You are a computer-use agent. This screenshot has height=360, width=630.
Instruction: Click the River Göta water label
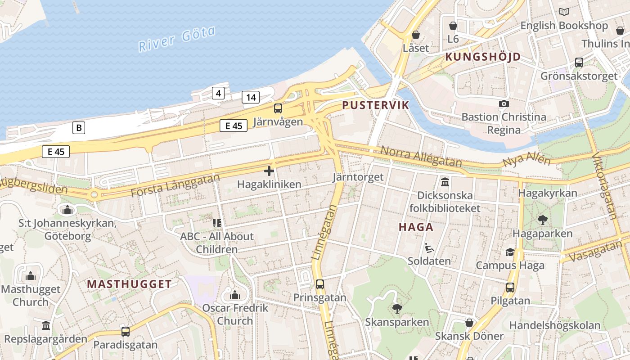[177, 39]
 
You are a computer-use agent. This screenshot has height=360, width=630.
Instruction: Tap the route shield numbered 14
[251, 97]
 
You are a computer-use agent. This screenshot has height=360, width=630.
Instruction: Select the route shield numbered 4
[218, 93]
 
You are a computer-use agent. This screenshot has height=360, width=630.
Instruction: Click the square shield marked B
[79, 128]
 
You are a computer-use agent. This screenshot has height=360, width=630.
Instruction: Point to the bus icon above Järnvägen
[278, 108]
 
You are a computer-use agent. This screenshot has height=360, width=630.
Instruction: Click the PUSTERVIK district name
[375, 105]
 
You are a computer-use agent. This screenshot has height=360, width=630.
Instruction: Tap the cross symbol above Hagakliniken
[269, 171]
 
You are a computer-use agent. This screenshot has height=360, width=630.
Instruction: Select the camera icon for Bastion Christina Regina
[504, 103]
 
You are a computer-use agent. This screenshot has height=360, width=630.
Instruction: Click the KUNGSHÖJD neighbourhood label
[483, 57]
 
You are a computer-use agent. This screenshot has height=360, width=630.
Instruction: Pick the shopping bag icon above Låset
[416, 35]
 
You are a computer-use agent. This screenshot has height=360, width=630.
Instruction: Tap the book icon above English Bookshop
[564, 12]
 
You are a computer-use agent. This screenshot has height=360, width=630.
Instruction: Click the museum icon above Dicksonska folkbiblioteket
[445, 182]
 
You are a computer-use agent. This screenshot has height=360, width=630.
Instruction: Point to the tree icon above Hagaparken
[542, 220]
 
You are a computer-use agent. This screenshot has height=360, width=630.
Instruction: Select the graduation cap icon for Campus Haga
[510, 252]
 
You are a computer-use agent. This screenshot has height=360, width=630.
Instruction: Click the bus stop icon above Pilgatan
[510, 287]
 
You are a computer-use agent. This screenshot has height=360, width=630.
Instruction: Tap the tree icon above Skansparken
[397, 308]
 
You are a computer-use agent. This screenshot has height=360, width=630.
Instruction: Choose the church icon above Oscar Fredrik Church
[234, 295]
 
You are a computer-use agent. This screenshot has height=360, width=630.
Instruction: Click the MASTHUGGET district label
[129, 284]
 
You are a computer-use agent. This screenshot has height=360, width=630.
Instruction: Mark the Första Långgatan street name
[175, 184]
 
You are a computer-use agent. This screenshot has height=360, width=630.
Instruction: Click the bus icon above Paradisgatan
[125, 332]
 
